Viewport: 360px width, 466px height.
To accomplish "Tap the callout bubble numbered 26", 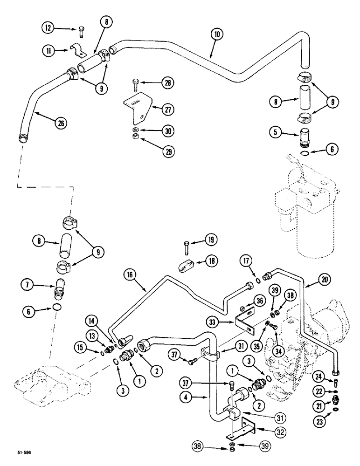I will click(60, 123).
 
